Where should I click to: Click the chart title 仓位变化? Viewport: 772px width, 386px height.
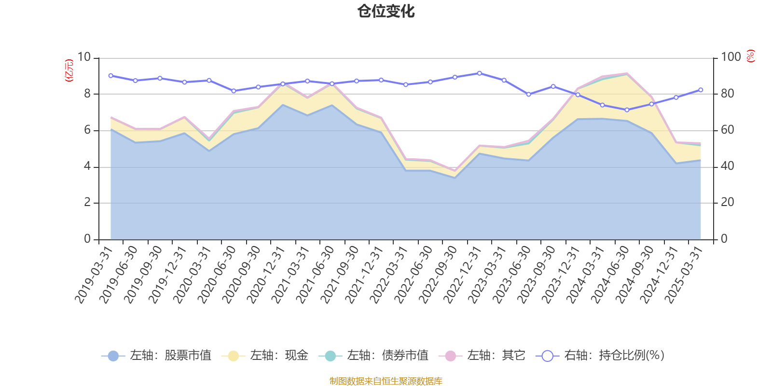386,11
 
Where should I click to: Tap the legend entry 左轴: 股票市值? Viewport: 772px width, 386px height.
157,356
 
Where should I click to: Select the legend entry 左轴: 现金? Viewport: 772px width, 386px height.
265,356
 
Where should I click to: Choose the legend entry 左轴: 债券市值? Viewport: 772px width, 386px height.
373,356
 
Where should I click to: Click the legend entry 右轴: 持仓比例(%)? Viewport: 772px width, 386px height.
600,356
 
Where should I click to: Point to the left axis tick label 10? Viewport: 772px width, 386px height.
84,57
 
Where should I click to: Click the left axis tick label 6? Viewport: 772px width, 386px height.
87,130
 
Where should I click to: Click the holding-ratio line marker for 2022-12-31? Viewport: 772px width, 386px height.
479,73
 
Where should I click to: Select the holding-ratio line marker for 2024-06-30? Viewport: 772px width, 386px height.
627,110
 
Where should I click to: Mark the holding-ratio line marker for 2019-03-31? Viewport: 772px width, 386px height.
110,76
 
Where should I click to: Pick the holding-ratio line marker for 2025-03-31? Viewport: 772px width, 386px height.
701,90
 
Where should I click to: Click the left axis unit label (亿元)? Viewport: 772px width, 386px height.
69,70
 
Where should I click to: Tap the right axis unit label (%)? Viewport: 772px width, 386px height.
751,56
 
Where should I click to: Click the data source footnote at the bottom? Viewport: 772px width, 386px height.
386,381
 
